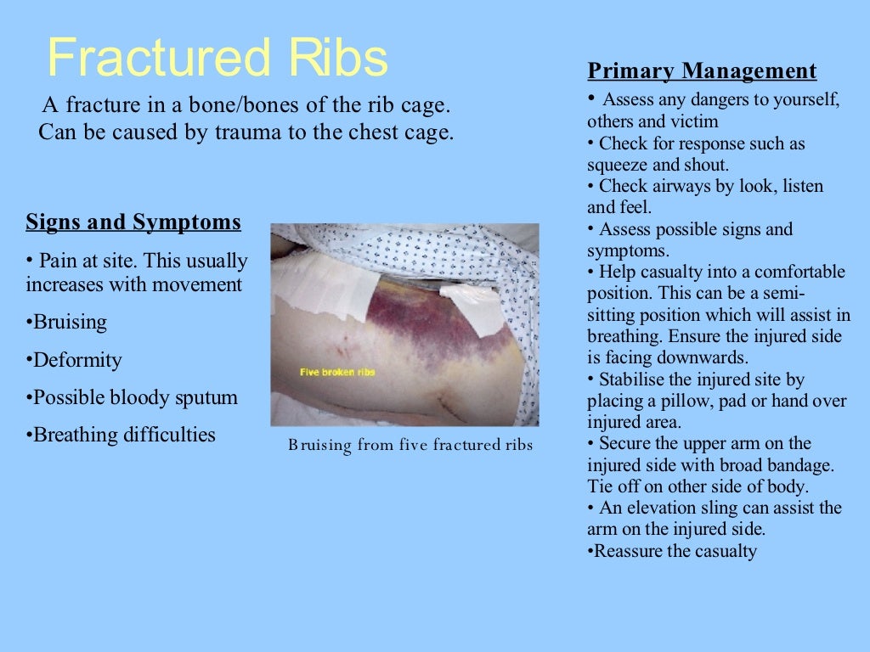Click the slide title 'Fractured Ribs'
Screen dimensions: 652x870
coord(217,58)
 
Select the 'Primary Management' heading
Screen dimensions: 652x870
coord(702,71)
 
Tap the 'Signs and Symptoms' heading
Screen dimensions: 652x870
coord(133,223)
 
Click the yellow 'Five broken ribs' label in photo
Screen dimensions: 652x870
coord(336,372)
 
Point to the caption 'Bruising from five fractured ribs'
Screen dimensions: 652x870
coord(410,445)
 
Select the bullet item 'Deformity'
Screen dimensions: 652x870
coord(75,360)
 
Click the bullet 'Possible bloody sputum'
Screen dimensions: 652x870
coord(133,397)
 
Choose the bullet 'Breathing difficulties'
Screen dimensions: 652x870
coord(121,435)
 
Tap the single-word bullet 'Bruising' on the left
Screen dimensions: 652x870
coord(67,323)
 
